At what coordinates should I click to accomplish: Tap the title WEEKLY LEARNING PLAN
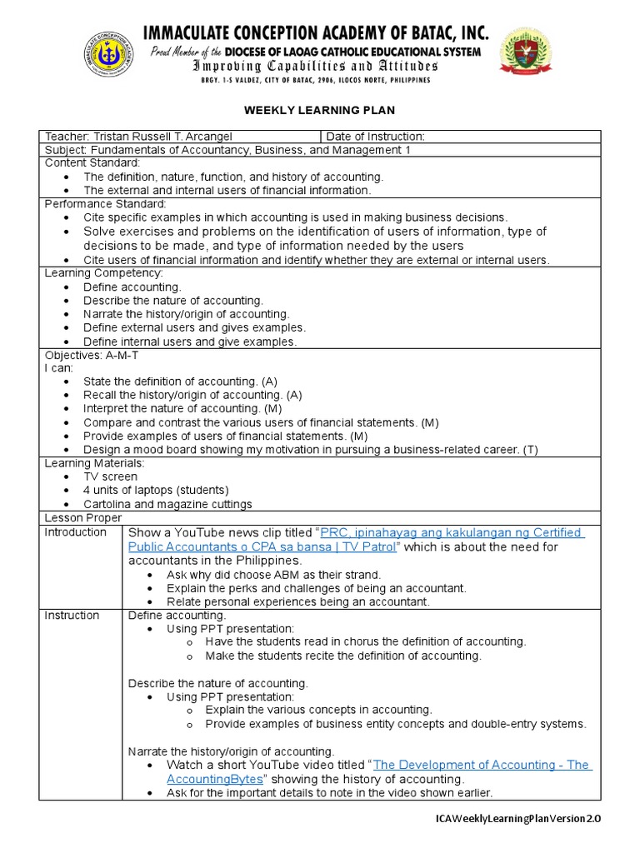click(319, 110)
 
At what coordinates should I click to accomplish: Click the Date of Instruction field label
click(375, 137)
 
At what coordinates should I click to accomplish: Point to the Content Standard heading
click(92, 163)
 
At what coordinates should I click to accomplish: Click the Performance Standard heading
click(106, 204)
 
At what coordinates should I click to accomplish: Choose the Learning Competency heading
click(104, 273)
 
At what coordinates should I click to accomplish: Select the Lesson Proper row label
click(78, 517)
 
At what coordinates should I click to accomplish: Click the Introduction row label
click(75, 532)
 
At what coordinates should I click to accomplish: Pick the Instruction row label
click(72, 616)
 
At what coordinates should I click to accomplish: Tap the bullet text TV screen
click(111, 476)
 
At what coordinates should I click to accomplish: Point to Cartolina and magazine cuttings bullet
click(167, 504)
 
